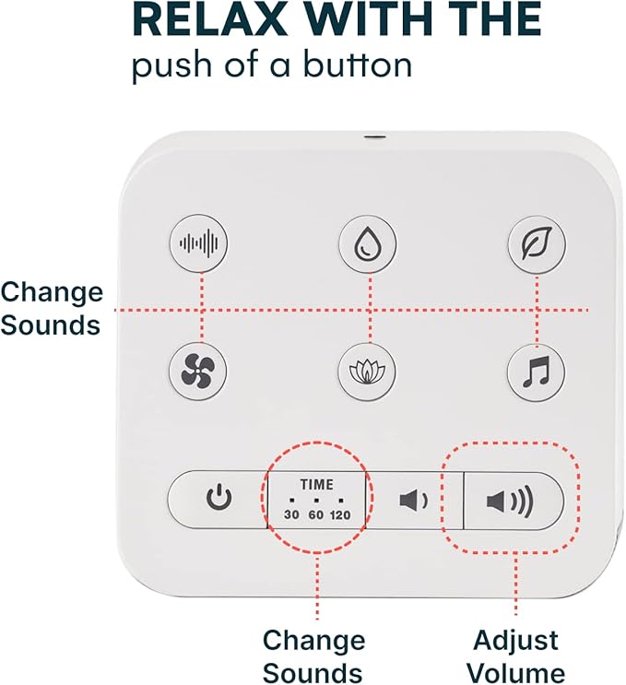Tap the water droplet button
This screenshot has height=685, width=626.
pyautogui.click(x=369, y=243)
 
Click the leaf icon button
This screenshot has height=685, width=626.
pyautogui.click(x=537, y=243)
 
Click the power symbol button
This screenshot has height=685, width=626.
pyautogui.click(x=219, y=500)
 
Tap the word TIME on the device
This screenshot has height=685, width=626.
pyautogui.click(x=316, y=483)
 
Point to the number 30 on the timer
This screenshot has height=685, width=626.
pyautogui.click(x=291, y=514)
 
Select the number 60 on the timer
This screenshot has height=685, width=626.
pyautogui.click(x=315, y=514)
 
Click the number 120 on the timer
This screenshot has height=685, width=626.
pyautogui.click(x=340, y=514)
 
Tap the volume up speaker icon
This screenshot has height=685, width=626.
pyautogui.click(x=511, y=502)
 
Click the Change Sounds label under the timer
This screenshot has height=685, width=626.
pyautogui.click(x=313, y=655)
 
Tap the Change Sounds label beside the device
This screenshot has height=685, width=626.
pyautogui.click(x=52, y=308)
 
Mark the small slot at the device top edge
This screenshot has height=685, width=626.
pyautogui.click(x=373, y=138)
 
